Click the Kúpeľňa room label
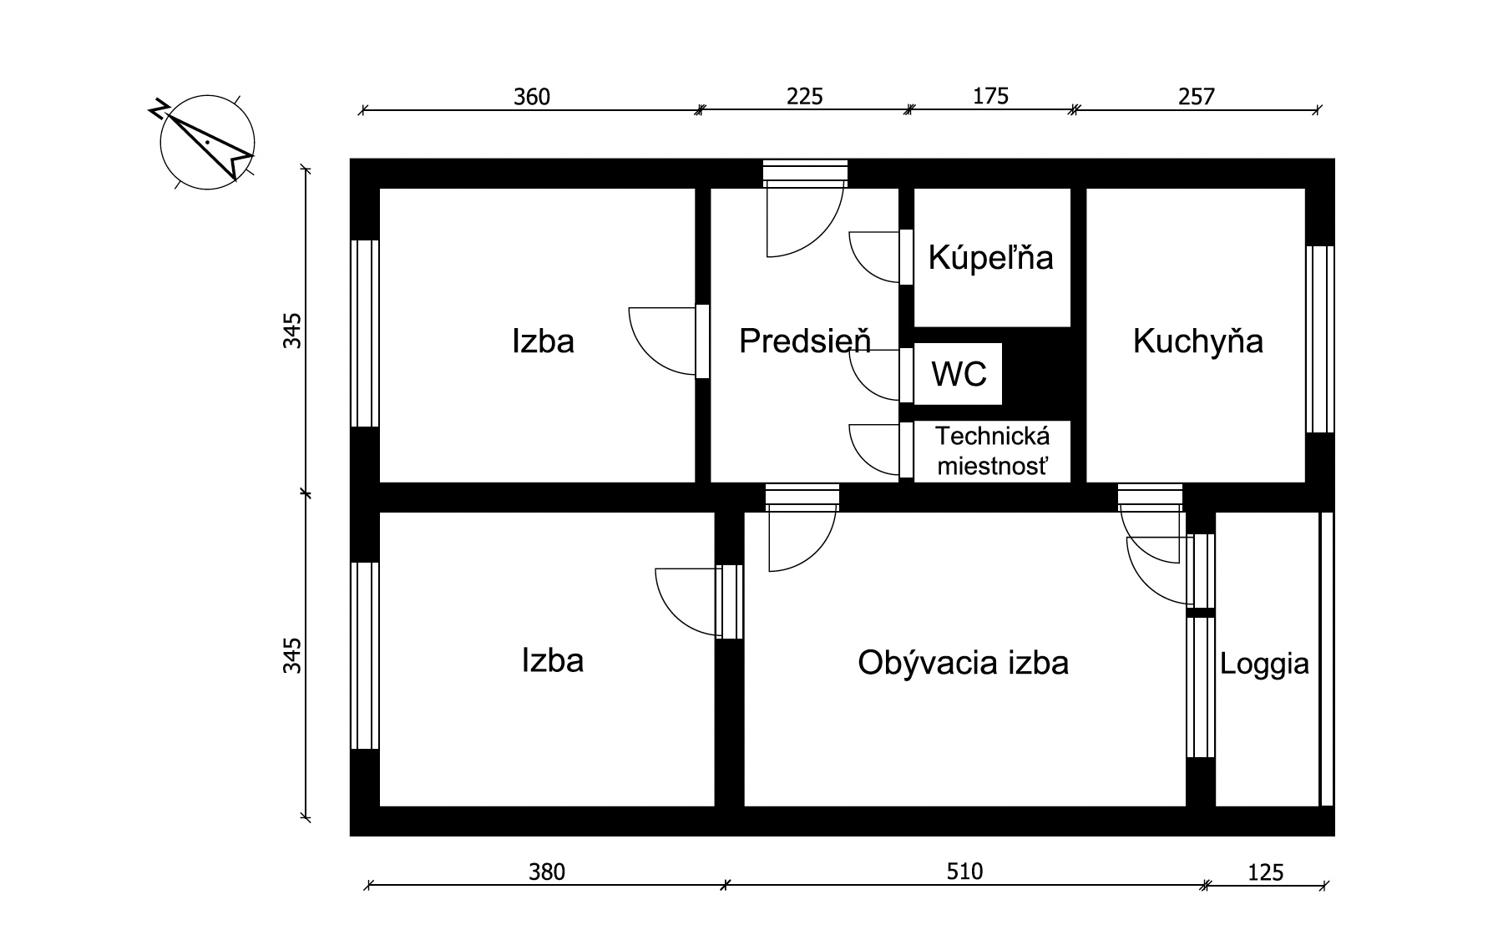coord(991,258)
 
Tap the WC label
coord(959,375)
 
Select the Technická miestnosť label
coord(992,451)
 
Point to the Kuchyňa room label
coord(1197,341)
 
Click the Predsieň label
coord(805,341)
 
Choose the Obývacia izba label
coord(963,663)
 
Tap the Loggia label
coord(1264,664)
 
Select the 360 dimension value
coord(532,98)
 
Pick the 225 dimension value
coord(805,97)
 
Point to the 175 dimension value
coord(991,96)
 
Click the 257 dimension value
coord(1197,97)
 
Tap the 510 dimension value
coord(964,872)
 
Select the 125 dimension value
coord(1265,873)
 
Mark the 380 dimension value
coord(547,872)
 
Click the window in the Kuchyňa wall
coord(1319,339)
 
